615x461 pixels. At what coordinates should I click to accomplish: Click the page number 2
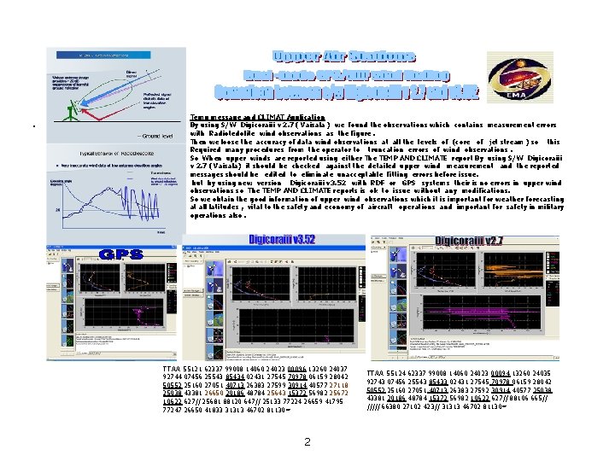(x=307, y=441)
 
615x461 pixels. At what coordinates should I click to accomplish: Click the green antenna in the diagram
(x=78, y=111)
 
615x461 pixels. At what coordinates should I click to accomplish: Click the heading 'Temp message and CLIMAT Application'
(x=257, y=116)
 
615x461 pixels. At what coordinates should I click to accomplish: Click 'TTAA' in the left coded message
(x=172, y=367)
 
